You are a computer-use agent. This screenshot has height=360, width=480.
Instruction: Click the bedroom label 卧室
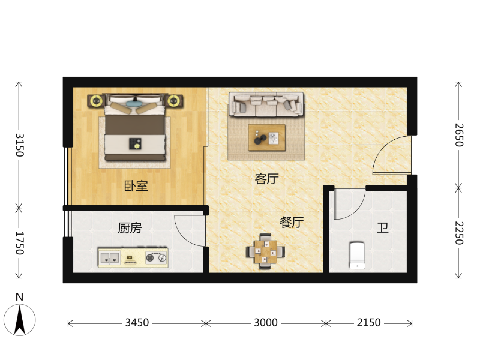[x=136, y=186]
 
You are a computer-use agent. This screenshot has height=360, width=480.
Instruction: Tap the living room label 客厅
[x=266, y=179]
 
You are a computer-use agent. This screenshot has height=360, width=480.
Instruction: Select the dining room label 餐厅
[x=292, y=222]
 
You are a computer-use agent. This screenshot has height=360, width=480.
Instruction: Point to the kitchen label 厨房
[x=130, y=228]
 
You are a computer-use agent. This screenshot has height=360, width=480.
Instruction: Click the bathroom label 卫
[x=382, y=228]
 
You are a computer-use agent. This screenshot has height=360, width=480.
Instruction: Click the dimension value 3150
[x=20, y=144]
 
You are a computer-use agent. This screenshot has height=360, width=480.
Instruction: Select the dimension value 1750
[x=20, y=243]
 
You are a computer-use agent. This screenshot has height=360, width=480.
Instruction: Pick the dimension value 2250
[x=459, y=233]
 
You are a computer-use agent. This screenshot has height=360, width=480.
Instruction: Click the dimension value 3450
[x=137, y=323]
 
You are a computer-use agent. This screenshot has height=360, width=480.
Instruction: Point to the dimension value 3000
[x=266, y=323]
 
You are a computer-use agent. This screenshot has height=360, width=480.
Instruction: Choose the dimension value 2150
[x=368, y=323]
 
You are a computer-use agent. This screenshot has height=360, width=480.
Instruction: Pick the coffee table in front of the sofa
[x=267, y=137]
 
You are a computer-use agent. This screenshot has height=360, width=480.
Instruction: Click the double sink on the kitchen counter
[x=110, y=259]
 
